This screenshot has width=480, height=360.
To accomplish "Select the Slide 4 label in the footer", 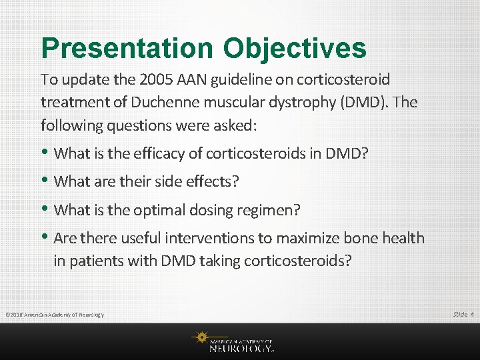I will coord(463,314).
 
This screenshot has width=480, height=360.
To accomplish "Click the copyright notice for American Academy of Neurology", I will coord(54,315).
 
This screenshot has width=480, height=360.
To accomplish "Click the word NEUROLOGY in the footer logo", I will coord(241,348).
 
